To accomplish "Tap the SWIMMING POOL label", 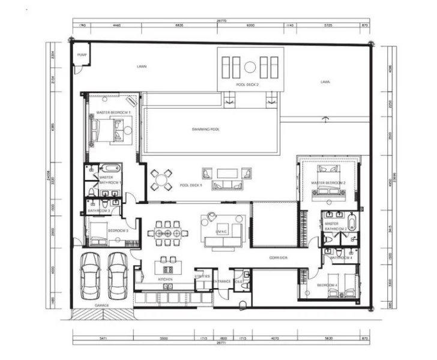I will tap(205, 130).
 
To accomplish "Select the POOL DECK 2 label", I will tap(247, 85).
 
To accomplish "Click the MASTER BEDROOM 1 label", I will tap(113, 113).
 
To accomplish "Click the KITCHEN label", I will tap(166, 280).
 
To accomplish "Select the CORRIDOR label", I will tap(278, 258).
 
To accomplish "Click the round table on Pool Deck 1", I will tap(161, 179).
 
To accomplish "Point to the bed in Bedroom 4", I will tap(336, 292).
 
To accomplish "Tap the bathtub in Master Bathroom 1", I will tap(111, 168).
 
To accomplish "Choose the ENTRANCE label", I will tap(223, 281).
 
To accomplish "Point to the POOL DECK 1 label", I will tap(191, 185).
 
